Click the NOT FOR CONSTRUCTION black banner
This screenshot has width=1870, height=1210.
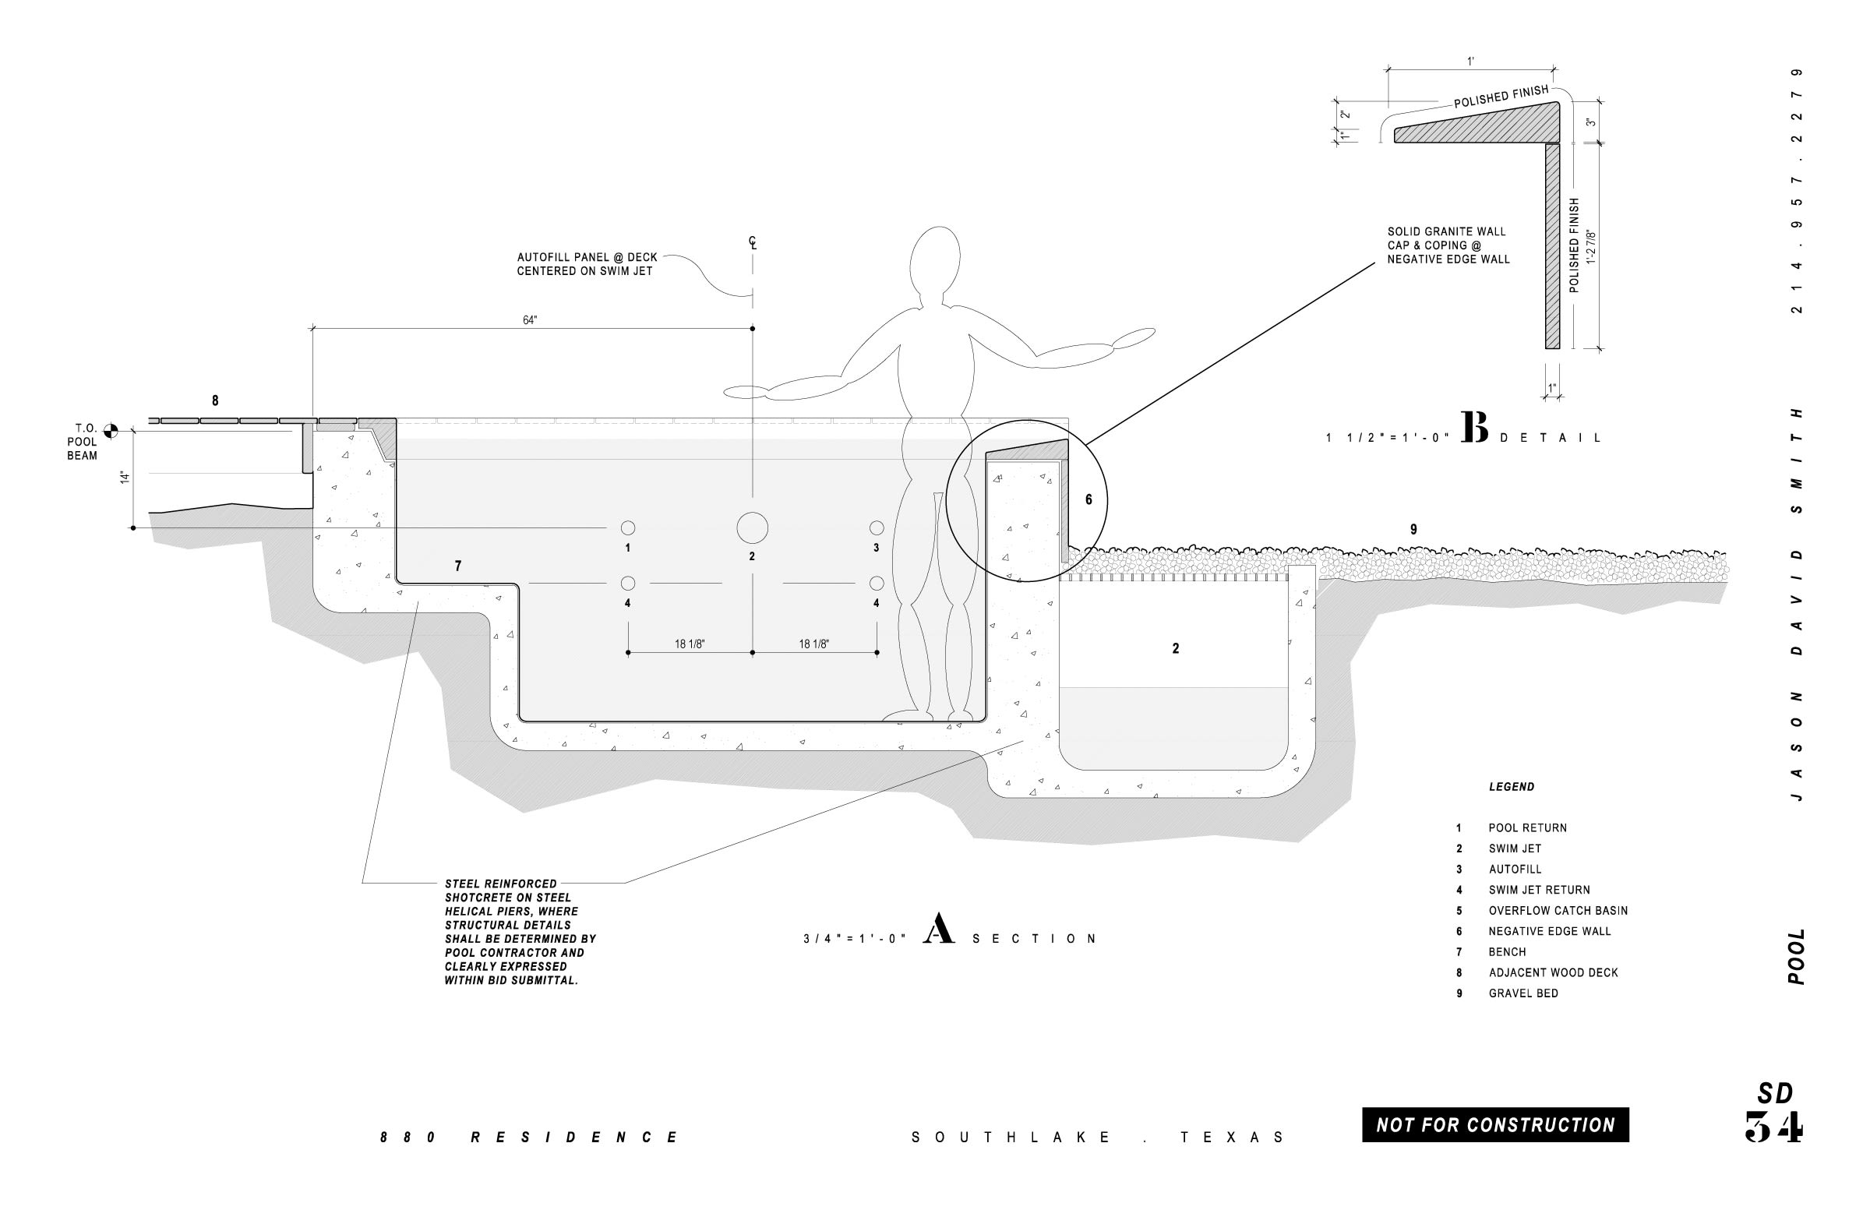click(x=1494, y=1124)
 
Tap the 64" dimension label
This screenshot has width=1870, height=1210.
click(x=530, y=320)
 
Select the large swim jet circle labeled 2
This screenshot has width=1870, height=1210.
click(x=752, y=528)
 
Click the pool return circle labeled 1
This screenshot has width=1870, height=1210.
click(x=628, y=528)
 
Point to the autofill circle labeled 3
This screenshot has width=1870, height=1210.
click(x=876, y=528)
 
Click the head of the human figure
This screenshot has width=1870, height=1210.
click(x=935, y=261)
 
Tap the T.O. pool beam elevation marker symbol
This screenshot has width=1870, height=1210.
click(x=111, y=431)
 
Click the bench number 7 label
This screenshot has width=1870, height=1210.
click(x=458, y=566)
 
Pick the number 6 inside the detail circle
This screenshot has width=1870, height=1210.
click(x=1088, y=499)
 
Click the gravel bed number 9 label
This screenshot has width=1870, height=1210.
click(x=1413, y=530)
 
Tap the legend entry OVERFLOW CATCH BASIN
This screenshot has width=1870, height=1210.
click(x=1558, y=911)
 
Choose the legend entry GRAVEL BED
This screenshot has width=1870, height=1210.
click(x=1522, y=993)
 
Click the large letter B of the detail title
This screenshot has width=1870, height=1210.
click(x=1475, y=429)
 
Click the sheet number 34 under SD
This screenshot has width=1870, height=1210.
click(x=1774, y=1127)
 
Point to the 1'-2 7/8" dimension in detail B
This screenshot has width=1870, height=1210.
click(x=1591, y=247)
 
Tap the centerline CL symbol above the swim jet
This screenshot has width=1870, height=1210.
click(x=753, y=244)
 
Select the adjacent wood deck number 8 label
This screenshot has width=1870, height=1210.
click(x=215, y=400)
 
